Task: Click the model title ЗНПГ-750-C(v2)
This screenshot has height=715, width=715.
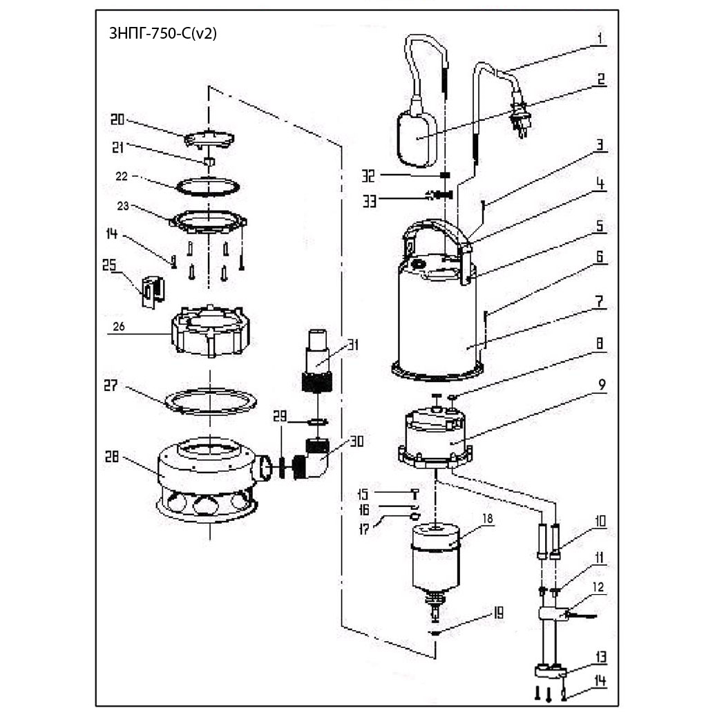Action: [x=162, y=34]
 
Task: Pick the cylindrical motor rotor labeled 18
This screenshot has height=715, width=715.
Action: [x=437, y=557]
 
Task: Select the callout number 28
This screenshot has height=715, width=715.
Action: [x=113, y=457]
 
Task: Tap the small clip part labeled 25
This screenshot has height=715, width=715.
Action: [x=151, y=290]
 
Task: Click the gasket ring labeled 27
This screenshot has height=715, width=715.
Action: [x=209, y=401]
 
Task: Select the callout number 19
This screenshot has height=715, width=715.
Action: [x=499, y=613]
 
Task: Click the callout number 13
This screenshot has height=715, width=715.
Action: [x=600, y=656]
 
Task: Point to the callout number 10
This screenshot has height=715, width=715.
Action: [x=600, y=521]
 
